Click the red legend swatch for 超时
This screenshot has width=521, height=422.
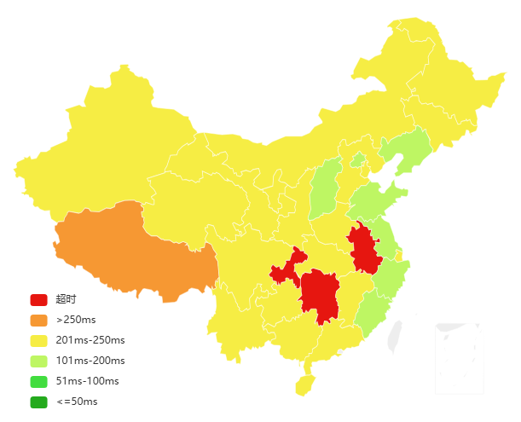click(38, 299)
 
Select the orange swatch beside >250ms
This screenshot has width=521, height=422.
click(38, 320)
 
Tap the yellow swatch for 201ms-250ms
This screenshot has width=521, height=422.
click(38, 340)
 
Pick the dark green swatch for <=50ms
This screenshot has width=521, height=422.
click(38, 402)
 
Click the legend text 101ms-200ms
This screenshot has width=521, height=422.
click(90, 361)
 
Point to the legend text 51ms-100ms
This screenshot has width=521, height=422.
click(88, 381)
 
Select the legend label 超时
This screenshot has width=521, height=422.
click(67, 299)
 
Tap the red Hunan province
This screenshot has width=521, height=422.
click(319, 294)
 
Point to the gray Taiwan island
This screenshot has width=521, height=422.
click(394, 335)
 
